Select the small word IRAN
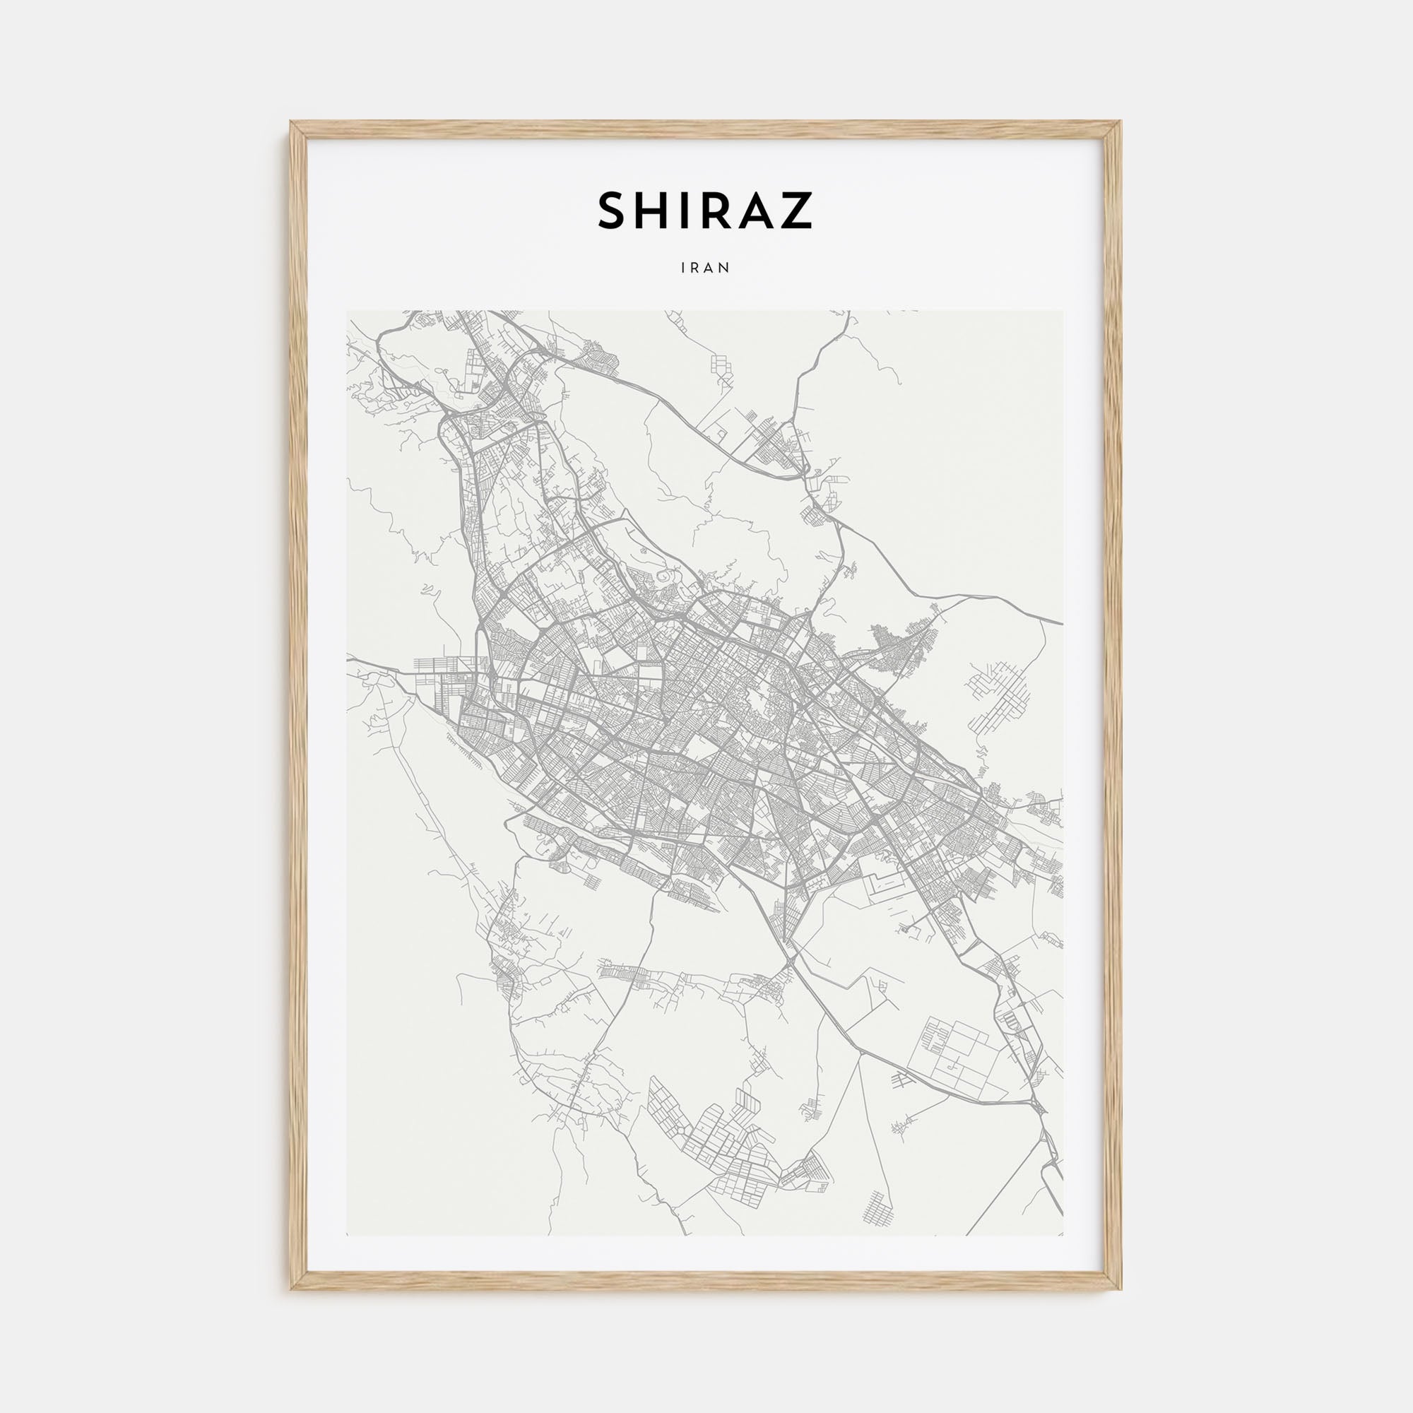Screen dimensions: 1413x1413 (706, 268)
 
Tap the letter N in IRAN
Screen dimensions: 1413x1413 (726, 268)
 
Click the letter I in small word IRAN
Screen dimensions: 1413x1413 (683, 268)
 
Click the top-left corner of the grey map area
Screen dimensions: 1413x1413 (348, 311)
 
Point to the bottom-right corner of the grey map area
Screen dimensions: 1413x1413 (1063, 1235)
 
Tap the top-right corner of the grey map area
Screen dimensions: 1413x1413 (1063, 311)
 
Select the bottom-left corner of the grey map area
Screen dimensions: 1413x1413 (348, 1235)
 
